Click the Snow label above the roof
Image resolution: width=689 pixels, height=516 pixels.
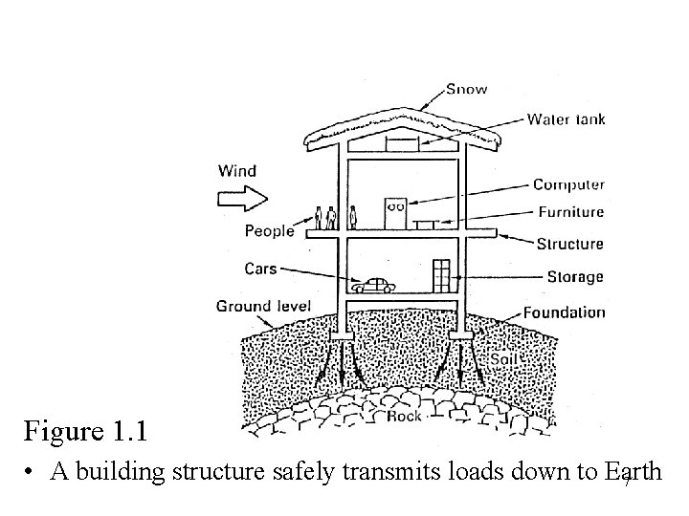(x=467, y=89)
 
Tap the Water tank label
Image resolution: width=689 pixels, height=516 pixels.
(x=566, y=119)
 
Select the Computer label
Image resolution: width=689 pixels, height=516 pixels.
(x=568, y=185)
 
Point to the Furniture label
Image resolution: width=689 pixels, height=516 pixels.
(x=570, y=212)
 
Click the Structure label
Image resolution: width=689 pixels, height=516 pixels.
(x=569, y=244)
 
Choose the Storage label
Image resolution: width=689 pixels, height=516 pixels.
(x=575, y=277)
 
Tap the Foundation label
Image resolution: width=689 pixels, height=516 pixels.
(x=565, y=312)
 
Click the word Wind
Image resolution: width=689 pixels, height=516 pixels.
(x=237, y=171)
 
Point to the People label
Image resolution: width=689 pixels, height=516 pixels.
(x=270, y=231)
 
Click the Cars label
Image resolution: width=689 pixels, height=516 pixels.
(x=260, y=269)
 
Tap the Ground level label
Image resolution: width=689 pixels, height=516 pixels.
(x=263, y=307)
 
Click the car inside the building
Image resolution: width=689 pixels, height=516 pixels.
(x=372, y=285)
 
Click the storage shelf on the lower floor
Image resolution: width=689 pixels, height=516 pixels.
(x=441, y=275)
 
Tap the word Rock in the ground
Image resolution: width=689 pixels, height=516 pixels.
(x=405, y=417)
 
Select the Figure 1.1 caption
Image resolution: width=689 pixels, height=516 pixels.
(x=86, y=431)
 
